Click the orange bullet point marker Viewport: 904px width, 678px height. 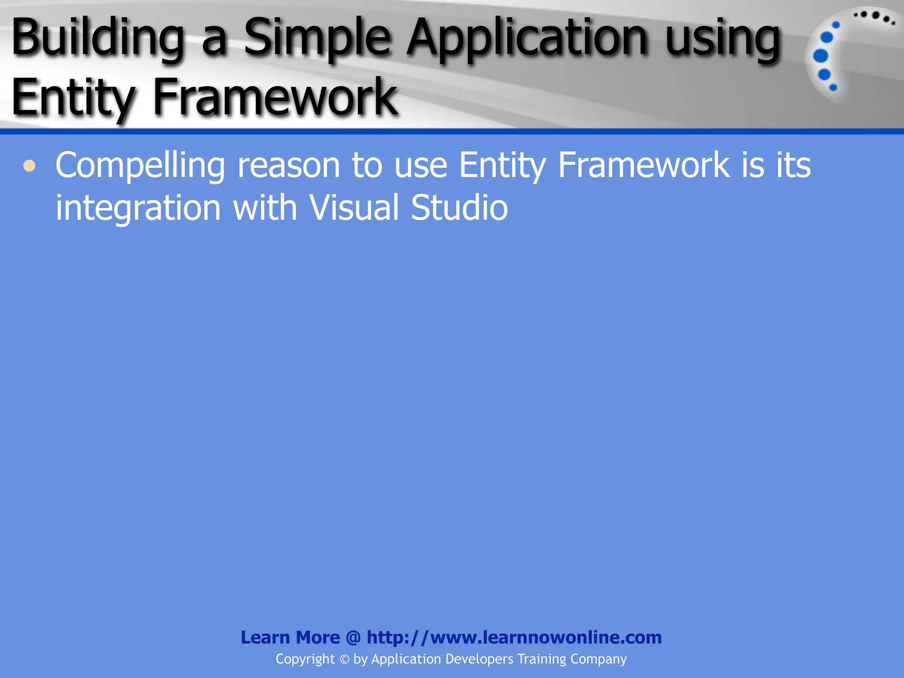click(30, 166)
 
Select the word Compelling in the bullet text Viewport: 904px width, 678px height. click(140, 166)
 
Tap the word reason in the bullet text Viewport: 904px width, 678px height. click(289, 166)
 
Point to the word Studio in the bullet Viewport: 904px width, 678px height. click(459, 207)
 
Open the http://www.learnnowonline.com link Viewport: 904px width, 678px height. click(514, 637)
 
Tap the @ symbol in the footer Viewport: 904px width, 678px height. click(353, 638)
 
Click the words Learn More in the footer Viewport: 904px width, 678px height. click(290, 637)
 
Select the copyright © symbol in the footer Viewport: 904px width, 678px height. click(344, 659)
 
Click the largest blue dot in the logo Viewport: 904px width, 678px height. click(821, 56)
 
